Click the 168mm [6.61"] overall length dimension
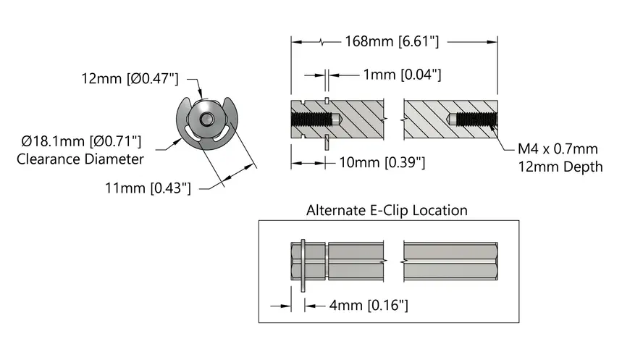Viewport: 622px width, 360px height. pos(392,41)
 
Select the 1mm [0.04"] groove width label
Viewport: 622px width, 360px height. pos(403,75)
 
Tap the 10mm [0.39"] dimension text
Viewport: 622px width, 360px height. pos(382,162)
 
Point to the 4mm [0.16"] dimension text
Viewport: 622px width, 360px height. pos(369,305)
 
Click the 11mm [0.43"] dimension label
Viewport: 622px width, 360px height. pos(148,188)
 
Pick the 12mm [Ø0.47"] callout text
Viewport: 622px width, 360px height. pos(130,78)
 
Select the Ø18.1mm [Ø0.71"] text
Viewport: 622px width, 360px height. pos(81,141)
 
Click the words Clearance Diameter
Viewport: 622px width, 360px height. pos(80,159)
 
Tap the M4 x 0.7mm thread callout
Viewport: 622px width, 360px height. pos(558,148)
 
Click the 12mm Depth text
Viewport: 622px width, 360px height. pos(560,167)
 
